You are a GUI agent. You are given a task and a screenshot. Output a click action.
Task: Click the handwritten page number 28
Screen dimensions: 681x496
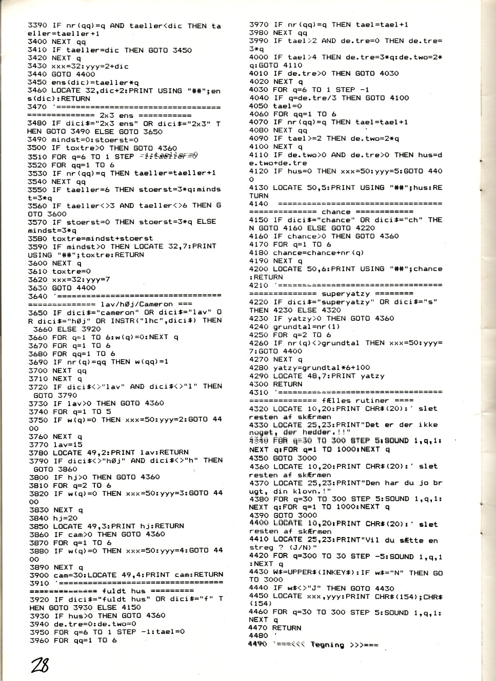pos(40,665)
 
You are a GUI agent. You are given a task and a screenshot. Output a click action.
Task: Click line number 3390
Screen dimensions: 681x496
pos(37,26)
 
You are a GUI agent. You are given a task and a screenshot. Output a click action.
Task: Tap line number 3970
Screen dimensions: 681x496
pos(259,25)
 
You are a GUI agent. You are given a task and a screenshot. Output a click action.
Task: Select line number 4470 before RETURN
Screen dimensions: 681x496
pos(259,628)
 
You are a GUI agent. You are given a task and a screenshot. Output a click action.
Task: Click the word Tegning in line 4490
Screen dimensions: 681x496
pos(327,645)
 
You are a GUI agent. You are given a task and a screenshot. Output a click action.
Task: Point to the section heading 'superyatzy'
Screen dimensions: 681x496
pos(345,294)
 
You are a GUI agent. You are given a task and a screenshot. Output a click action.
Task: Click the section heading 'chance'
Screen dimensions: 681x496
pos(336,212)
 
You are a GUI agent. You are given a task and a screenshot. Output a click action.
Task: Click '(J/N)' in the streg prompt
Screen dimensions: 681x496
pos(303,547)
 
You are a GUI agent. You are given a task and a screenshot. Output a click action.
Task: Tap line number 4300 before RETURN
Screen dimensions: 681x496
pos(259,384)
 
